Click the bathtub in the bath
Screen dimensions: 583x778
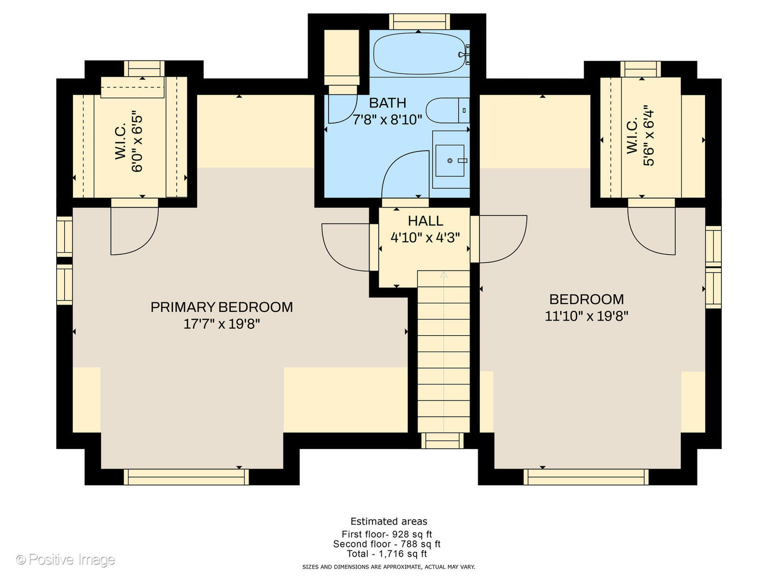(419, 54)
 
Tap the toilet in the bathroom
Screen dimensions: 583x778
(446, 111)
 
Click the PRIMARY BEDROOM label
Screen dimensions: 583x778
(222, 307)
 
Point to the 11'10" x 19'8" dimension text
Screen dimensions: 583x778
(586, 316)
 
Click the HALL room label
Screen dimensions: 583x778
(425, 221)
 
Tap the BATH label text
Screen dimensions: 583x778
(387, 103)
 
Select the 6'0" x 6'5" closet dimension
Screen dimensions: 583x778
(137, 142)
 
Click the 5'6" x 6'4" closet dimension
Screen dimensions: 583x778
(648, 138)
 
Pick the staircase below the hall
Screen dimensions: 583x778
(444, 351)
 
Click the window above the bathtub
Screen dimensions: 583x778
(419, 22)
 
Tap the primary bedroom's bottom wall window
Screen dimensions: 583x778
(186, 477)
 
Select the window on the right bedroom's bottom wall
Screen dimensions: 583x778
(586, 477)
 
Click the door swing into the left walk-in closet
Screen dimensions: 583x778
(134, 229)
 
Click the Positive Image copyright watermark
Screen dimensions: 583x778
(65, 560)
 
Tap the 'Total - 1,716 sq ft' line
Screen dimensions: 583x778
(387, 554)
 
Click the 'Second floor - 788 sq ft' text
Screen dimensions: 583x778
(387, 544)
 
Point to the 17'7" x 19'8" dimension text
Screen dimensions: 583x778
(222, 324)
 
